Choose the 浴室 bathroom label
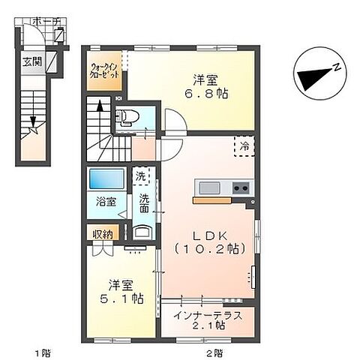pos(104,202)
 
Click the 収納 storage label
pos(103,234)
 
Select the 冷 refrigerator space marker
pos(244,147)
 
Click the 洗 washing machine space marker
pos(141,177)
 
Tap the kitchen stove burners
pos(241,187)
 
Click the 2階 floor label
pos(213,351)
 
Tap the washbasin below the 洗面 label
pos(142,232)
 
